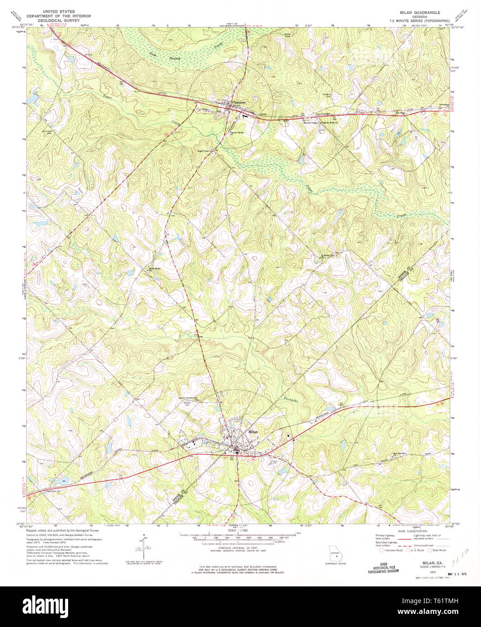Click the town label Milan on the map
point(253,432)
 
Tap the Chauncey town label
point(239,102)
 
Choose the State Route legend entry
point(437,550)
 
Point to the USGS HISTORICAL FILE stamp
point(383,568)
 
